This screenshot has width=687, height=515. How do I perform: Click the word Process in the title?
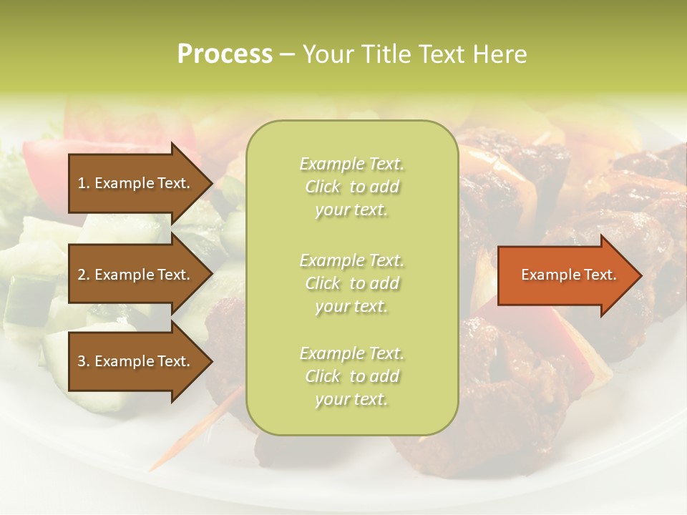(x=225, y=54)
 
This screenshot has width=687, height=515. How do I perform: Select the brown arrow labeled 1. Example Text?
(x=136, y=183)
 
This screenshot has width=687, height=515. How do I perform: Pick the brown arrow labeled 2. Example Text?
(x=136, y=275)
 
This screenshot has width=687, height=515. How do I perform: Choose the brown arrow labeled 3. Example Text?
(x=136, y=361)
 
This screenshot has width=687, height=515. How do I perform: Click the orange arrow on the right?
(x=565, y=275)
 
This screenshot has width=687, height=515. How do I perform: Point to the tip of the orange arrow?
(x=640, y=275)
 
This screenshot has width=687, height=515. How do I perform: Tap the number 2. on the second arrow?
(x=83, y=275)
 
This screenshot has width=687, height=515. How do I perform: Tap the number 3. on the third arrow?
(x=83, y=361)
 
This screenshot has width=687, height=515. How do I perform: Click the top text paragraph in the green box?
(x=351, y=187)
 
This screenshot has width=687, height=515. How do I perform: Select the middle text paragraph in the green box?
(x=351, y=283)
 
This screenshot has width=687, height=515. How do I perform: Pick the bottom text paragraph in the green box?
(x=351, y=376)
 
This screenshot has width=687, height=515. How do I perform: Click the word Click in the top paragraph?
(x=323, y=187)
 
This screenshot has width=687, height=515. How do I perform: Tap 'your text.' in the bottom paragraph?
(x=351, y=400)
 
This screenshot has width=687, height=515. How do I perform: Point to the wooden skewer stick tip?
(x=152, y=469)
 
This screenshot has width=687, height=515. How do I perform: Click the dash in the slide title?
(x=287, y=55)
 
